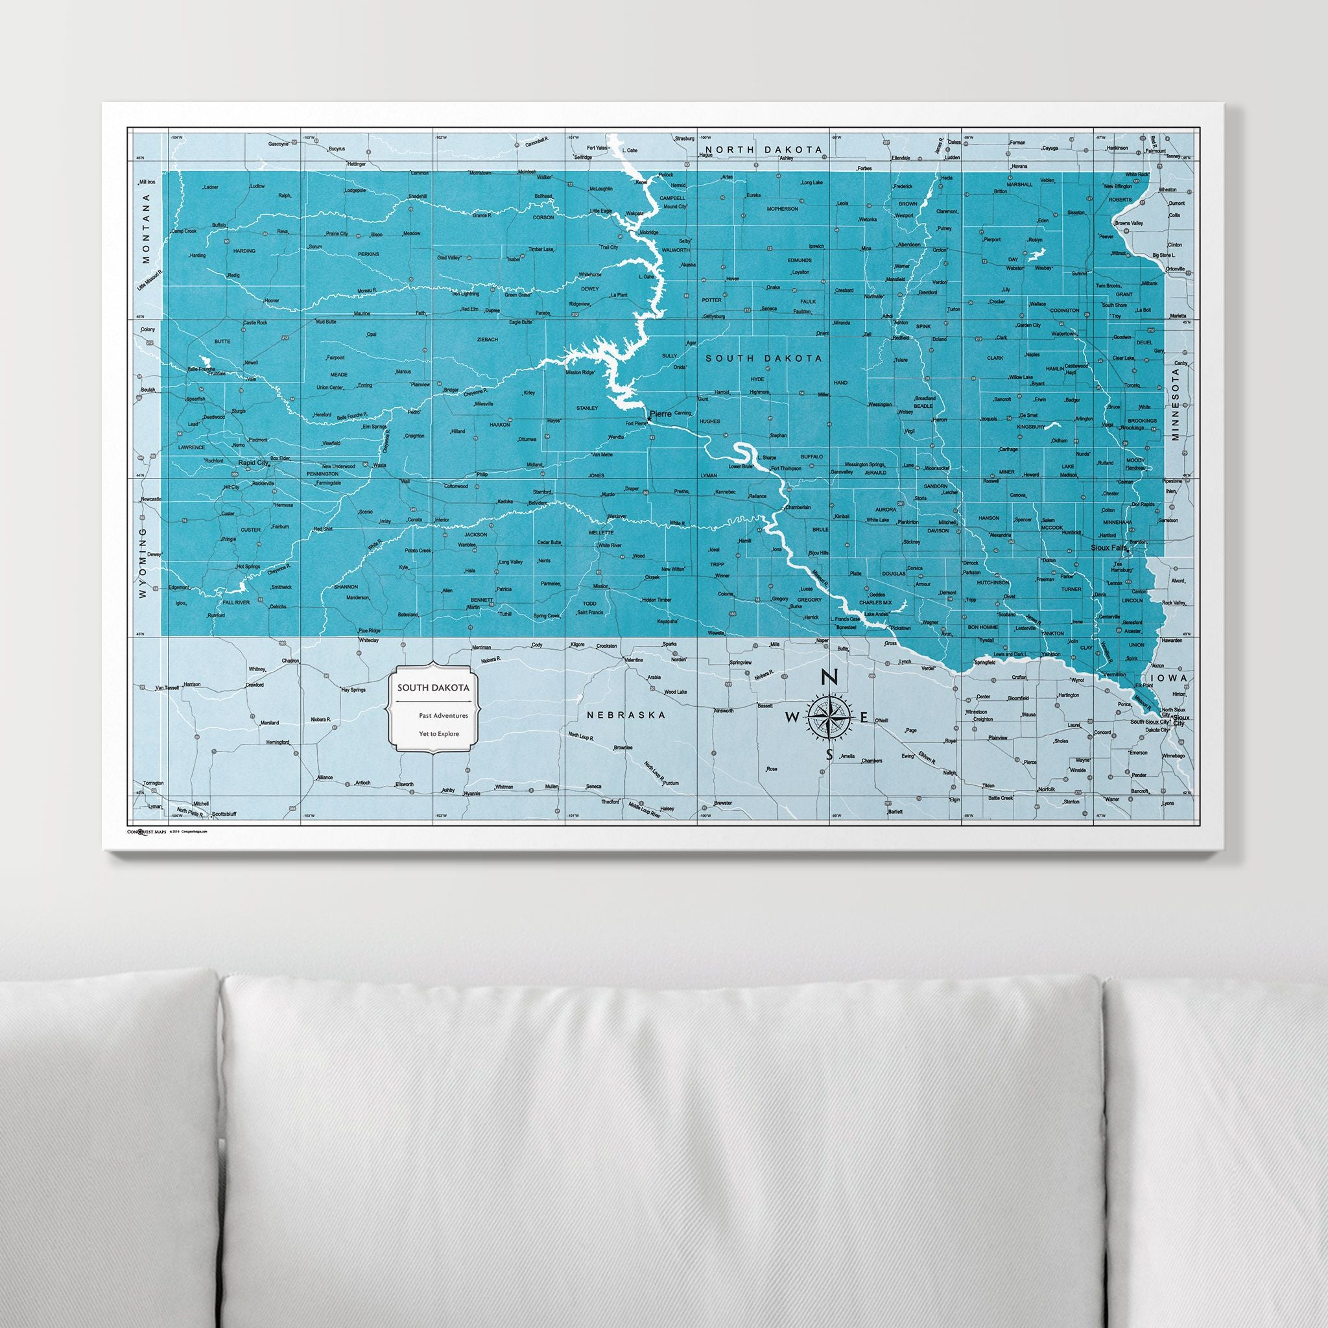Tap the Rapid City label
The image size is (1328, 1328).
(252, 463)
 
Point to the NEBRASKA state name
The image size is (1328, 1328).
(626, 715)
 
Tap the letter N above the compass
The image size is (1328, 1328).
(829, 677)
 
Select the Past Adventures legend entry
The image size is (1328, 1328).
(444, 716)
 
